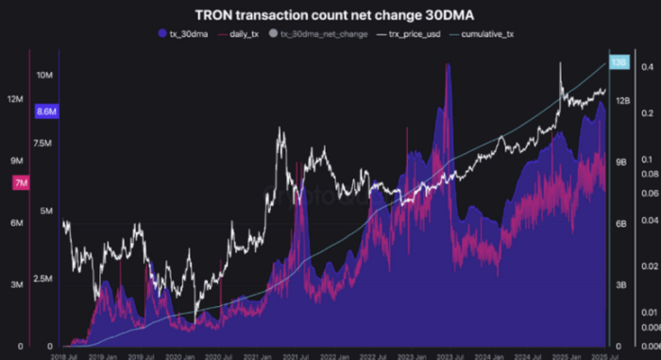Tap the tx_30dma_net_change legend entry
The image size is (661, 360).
(x=318, y=34)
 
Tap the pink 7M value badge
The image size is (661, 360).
(x=20, y=182)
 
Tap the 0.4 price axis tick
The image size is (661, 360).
(x=647, y=68)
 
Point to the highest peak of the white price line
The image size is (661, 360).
(x=562, y=63)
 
